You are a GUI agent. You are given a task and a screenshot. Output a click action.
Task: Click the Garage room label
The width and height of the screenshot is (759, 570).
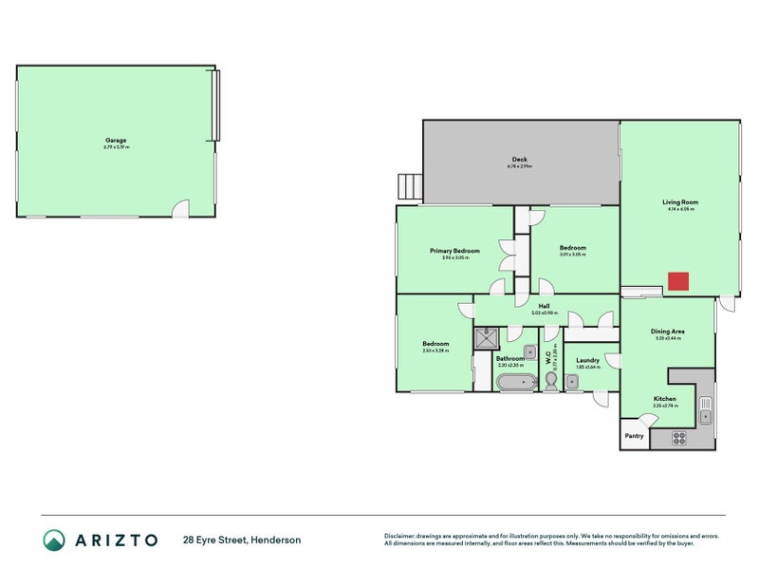pos(116,140)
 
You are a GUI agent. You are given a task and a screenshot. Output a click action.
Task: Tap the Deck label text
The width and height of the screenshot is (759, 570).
pos(520,160)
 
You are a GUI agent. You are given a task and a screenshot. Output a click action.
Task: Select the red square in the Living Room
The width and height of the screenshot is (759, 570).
pos(677,281)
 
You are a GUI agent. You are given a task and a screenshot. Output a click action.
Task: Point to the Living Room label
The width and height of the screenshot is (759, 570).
pos(680,201)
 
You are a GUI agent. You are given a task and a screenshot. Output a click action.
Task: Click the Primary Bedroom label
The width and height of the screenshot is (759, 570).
pos(454,251)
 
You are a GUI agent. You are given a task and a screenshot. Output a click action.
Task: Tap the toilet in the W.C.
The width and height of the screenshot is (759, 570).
pos(551,380)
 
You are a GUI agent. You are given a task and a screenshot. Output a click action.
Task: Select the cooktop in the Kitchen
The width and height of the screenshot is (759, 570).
pos(679,438)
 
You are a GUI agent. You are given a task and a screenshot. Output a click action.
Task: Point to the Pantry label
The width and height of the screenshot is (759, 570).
pos(634,436)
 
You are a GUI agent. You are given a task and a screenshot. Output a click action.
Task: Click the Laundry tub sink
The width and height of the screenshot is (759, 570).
pos(572,382)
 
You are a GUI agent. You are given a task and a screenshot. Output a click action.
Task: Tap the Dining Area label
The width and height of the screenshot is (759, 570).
pos(668,332)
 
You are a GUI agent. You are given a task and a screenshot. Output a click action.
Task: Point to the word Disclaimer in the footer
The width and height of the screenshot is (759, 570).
pos(403,536)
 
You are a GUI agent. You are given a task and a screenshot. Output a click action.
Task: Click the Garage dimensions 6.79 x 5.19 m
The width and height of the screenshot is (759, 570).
pos(116,147)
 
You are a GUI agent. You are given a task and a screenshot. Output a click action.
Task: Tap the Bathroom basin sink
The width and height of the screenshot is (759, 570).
pos(530,352)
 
